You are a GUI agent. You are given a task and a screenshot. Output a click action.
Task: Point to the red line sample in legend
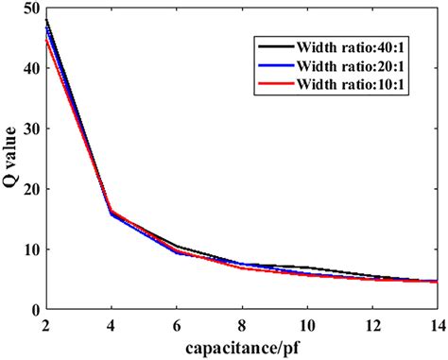coord(276,85)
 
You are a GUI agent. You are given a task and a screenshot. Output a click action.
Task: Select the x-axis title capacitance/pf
coord(242,347)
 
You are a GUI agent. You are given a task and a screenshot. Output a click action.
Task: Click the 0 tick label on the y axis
coord(34,310)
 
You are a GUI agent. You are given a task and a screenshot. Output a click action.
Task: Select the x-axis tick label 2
coord(45,324)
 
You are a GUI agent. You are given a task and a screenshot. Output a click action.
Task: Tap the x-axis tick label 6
coord(176,324)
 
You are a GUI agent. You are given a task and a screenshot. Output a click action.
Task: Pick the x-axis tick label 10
coord(306,324)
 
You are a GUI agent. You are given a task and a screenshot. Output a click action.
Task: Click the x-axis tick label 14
coord(436,324)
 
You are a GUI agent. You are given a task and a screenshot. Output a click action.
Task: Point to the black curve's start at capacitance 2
coord(45,20)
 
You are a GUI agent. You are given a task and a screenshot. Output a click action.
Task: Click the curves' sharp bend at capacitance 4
coord(112,214)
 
